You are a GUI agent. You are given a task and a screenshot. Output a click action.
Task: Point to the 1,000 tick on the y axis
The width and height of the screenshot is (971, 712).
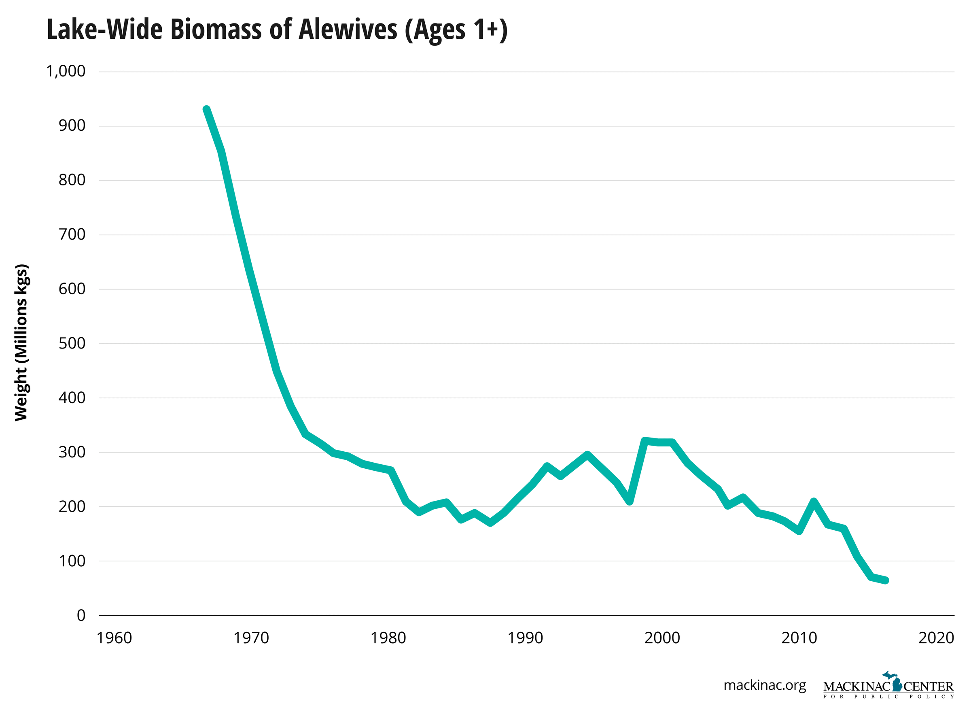click(x=66, y=71)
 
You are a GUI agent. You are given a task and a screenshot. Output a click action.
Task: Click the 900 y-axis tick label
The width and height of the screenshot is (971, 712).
click(x=72, y=125)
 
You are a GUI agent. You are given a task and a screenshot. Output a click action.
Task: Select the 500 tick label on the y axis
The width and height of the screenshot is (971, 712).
click(x=72, y=343)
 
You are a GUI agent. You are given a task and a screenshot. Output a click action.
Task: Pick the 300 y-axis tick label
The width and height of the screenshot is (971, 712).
click(x=72, y=452)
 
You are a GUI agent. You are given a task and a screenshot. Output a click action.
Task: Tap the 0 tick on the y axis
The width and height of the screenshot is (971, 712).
click(x=81, y=615)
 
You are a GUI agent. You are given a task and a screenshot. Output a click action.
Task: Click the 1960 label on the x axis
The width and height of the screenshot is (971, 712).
click(x=114, y=638)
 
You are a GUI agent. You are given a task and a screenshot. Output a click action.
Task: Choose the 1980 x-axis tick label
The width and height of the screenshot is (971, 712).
click(x=388, y=638)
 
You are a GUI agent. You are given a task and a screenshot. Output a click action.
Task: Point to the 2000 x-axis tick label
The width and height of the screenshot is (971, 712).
click(x=662, y=638)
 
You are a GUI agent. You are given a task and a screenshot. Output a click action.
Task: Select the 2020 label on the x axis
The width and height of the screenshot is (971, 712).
click(x=936, y=638)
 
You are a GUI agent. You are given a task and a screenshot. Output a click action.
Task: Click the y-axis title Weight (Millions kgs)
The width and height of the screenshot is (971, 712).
click(x=21, y=342)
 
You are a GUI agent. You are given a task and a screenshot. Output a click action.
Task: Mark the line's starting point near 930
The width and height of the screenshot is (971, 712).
click(x=207, y=110)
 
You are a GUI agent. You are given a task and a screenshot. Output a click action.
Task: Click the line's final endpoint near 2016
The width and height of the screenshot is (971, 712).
click(x=886, y=580)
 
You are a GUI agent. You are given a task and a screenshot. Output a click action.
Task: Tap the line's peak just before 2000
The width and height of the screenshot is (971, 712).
click(x=645, y=441)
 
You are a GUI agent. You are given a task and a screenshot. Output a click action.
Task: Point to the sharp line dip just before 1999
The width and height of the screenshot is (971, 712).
click(x=630, y=501)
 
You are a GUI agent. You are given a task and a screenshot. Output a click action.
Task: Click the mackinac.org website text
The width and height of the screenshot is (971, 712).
click(x=764, y=685)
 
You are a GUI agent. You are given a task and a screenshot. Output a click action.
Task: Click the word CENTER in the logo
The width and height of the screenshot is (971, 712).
click(x=929, y=686)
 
